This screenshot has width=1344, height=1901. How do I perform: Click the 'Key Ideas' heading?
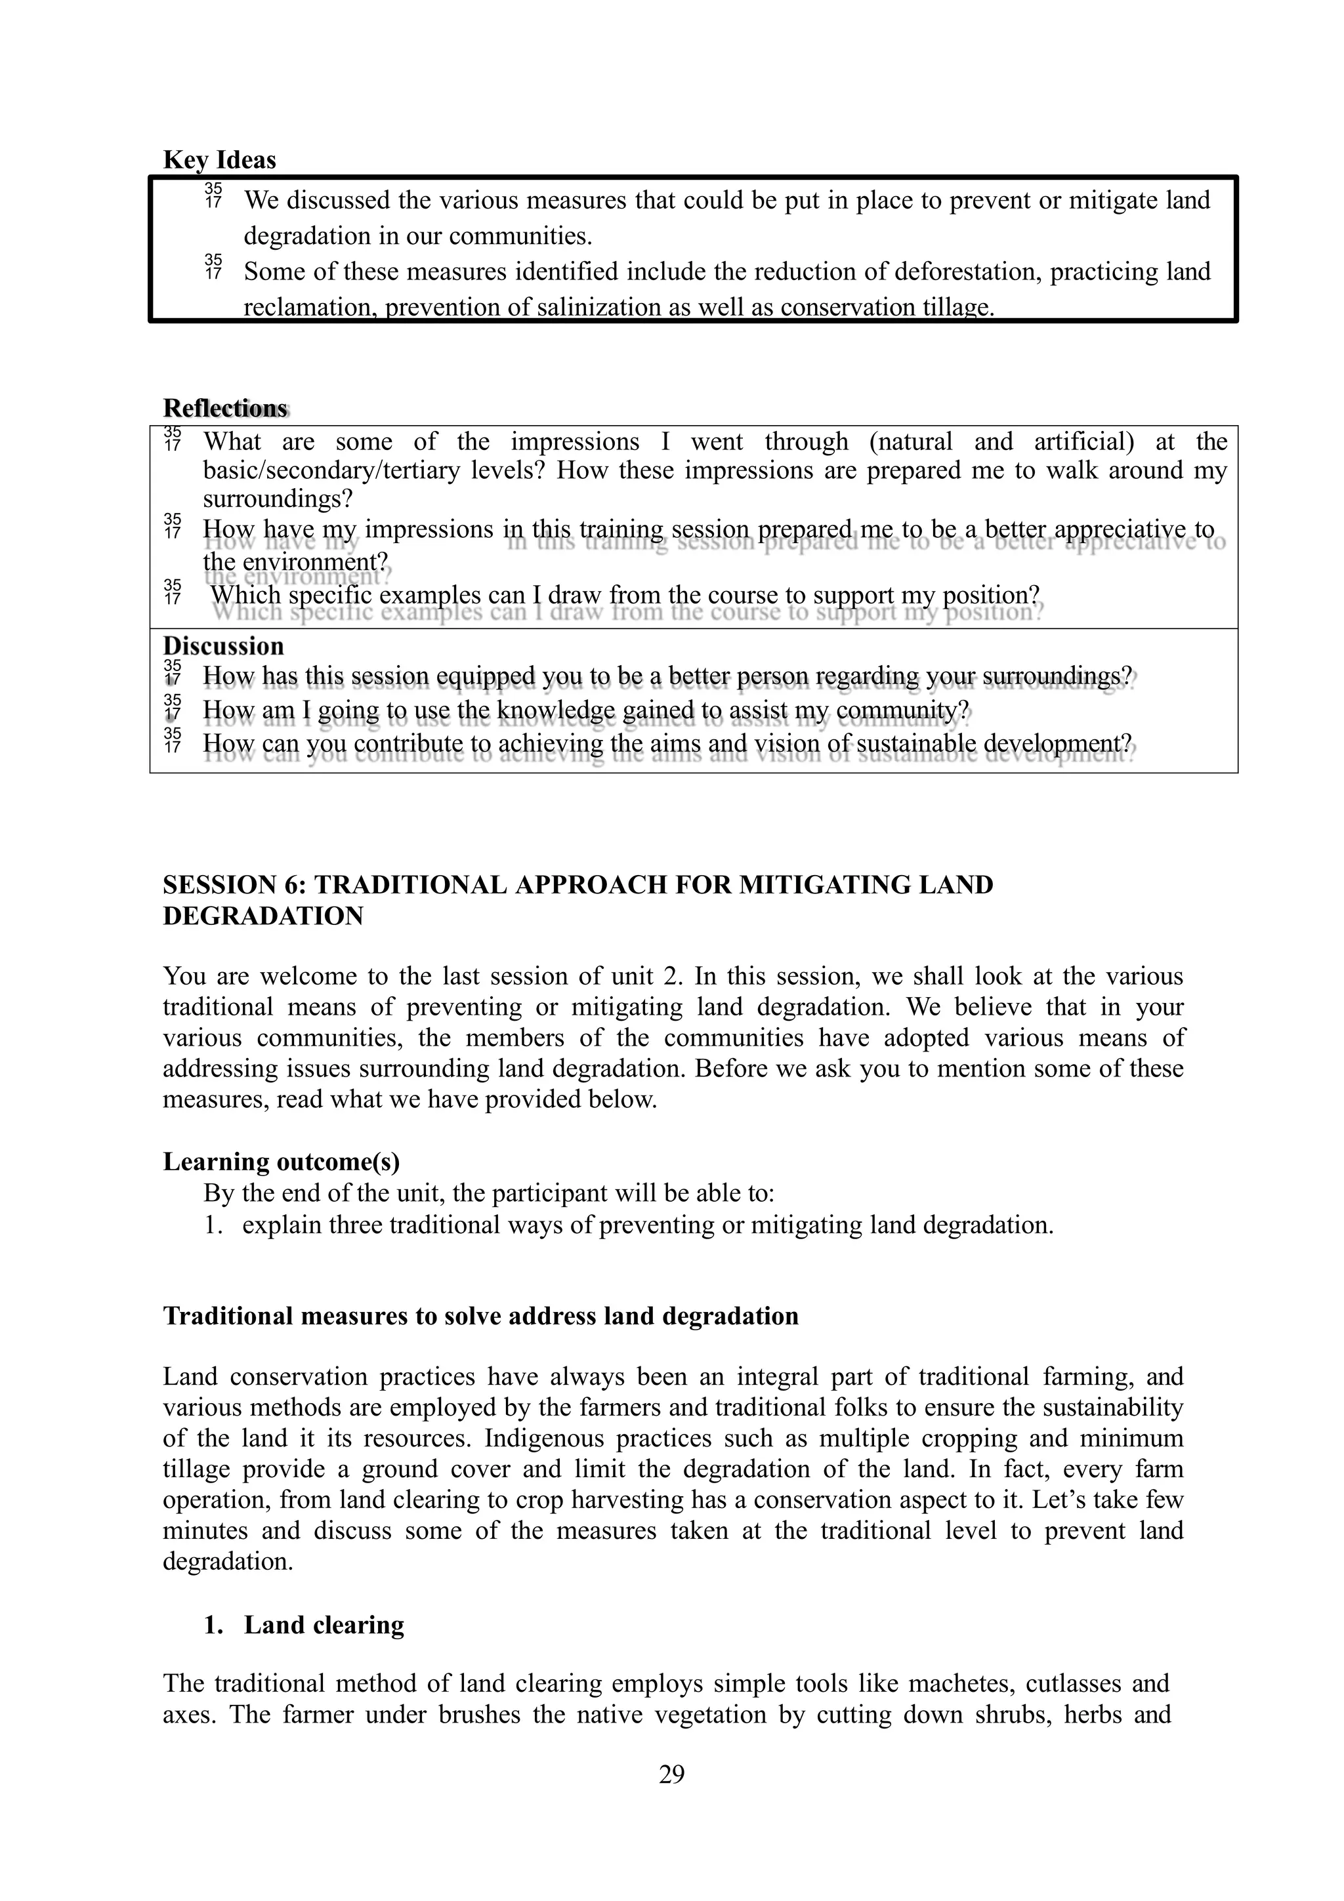click(219, 160)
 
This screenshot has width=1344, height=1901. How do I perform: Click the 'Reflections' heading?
click(224, 408)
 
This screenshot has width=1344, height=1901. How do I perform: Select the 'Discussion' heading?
click(222, 646)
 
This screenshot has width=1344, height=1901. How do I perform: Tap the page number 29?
click(671, 1774)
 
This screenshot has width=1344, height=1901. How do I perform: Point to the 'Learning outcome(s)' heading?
click(282, 1162)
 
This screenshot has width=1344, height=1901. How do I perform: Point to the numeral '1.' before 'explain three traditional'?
click(214, 1225)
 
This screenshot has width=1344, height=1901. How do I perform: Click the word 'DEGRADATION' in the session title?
click(263, 916)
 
